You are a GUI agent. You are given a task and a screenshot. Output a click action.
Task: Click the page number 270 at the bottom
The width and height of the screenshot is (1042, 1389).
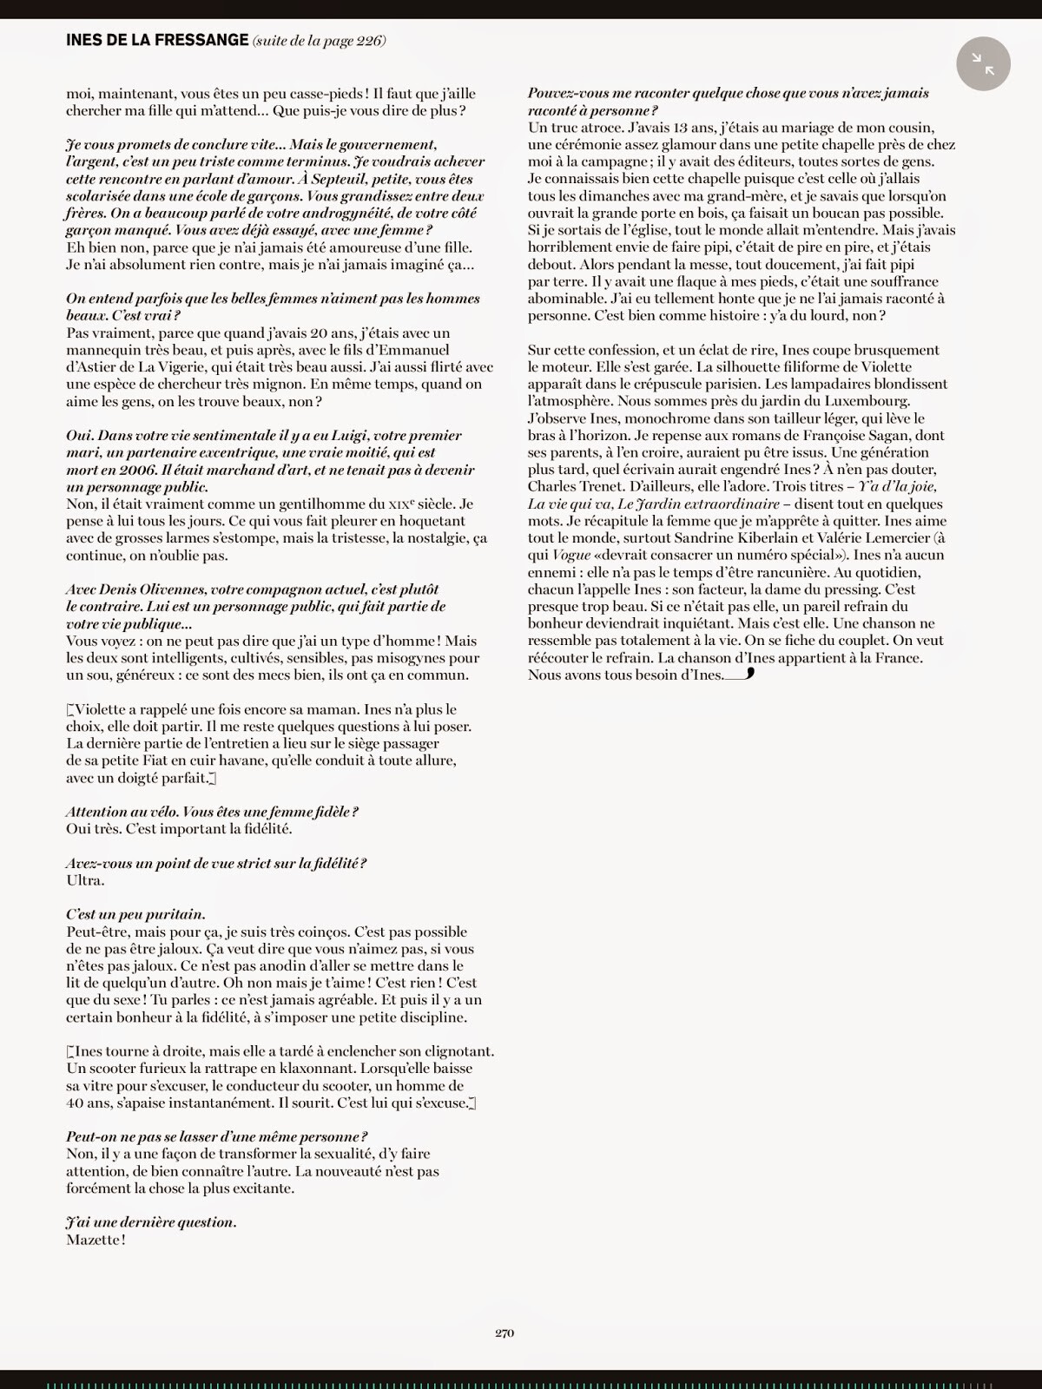505,1333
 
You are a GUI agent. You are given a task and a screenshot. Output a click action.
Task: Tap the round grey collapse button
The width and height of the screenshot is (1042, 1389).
983,63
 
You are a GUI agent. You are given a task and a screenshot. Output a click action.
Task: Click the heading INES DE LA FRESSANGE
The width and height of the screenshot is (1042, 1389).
156,40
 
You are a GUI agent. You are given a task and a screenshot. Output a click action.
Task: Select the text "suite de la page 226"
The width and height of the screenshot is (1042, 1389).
320,41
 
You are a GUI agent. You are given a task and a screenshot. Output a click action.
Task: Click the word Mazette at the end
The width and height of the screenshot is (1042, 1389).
94,1240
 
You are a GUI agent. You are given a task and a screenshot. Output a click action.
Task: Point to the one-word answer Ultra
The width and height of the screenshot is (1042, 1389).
85,880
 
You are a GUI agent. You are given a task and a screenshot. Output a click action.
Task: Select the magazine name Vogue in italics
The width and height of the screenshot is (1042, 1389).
570,555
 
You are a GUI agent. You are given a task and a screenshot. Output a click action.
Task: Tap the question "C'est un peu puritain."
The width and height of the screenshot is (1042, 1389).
135,914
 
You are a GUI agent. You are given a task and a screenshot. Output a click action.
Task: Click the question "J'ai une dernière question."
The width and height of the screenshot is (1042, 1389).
151,1222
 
